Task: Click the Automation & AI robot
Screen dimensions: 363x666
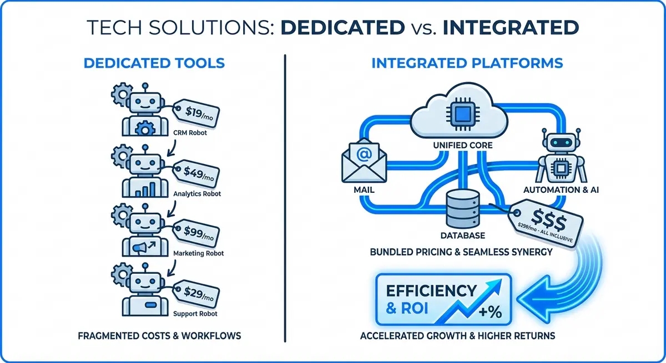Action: [561, 158]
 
